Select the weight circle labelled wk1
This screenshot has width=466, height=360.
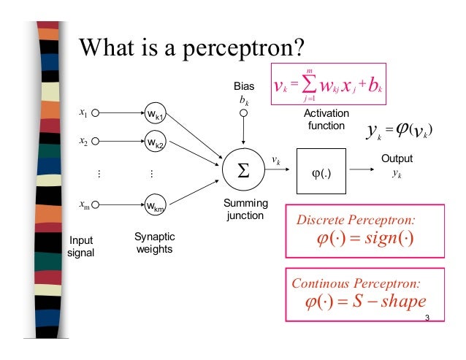(156, 115)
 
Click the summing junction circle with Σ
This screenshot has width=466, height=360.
(242, 170)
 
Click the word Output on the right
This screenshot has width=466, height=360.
(397, 158)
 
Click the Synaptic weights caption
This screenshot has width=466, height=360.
(155, 244)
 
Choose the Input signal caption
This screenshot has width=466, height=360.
(81, 246)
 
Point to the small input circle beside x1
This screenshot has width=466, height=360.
(95, 114)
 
